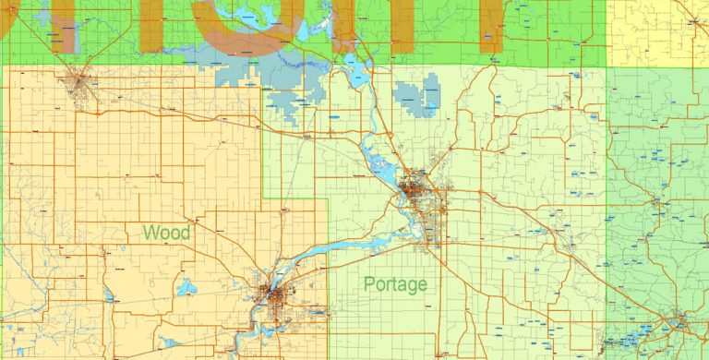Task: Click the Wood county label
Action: point(167,233)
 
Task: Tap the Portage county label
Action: point(395,284)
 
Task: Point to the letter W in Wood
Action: point(150,233)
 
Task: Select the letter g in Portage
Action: point(415,287)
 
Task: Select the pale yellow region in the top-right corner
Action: point(657,32)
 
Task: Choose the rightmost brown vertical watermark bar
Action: point(489,23)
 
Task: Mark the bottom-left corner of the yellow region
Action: point(608,65)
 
